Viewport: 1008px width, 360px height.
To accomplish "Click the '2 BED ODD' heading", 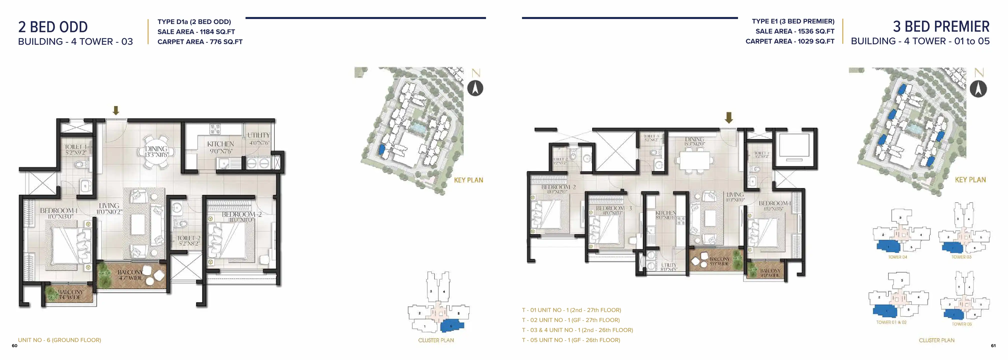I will click(x=53, y=27).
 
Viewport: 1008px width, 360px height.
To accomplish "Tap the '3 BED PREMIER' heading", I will click(x=941, y=26).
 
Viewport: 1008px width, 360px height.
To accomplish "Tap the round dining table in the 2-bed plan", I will click(x=156, y=152).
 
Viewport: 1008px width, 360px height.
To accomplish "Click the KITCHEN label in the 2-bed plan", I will click(x=220, y=144).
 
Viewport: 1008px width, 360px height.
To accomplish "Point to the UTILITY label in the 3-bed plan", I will click(x=668, y=265).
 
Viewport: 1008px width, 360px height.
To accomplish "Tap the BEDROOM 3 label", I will click(x=613, y=208).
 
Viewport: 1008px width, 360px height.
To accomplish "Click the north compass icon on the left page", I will click(x=475, y=88).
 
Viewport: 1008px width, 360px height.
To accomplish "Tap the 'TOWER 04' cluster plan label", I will click(x=897, y=257).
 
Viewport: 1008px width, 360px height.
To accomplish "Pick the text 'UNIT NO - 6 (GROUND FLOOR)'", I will click(x=59, y=340).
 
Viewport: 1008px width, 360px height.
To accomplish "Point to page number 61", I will click(x=993, y=345).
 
